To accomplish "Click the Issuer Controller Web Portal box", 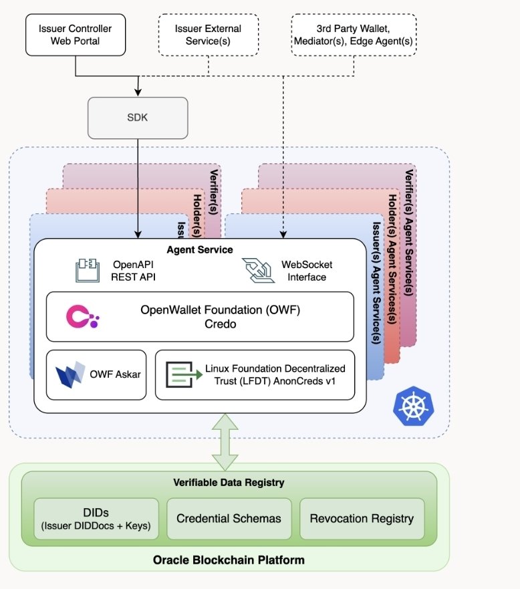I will pos(76,35).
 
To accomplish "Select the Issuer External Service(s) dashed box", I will pos(208,35).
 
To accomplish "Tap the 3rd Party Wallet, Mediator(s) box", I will pos(354,35).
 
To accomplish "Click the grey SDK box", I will pos(138,117).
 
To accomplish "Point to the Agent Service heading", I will pos(200,249).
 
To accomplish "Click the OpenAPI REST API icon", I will pos(87,271).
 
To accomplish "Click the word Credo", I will pos(200,324).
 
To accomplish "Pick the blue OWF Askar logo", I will pos(70,374).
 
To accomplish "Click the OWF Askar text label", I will pos(115,374).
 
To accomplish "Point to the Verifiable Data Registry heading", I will pos(229,483).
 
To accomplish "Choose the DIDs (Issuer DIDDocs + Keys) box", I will pos(96,518).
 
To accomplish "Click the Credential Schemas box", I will pos(229,518).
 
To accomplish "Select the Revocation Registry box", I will pos(362,518).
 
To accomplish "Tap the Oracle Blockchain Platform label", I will pos(229,560).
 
